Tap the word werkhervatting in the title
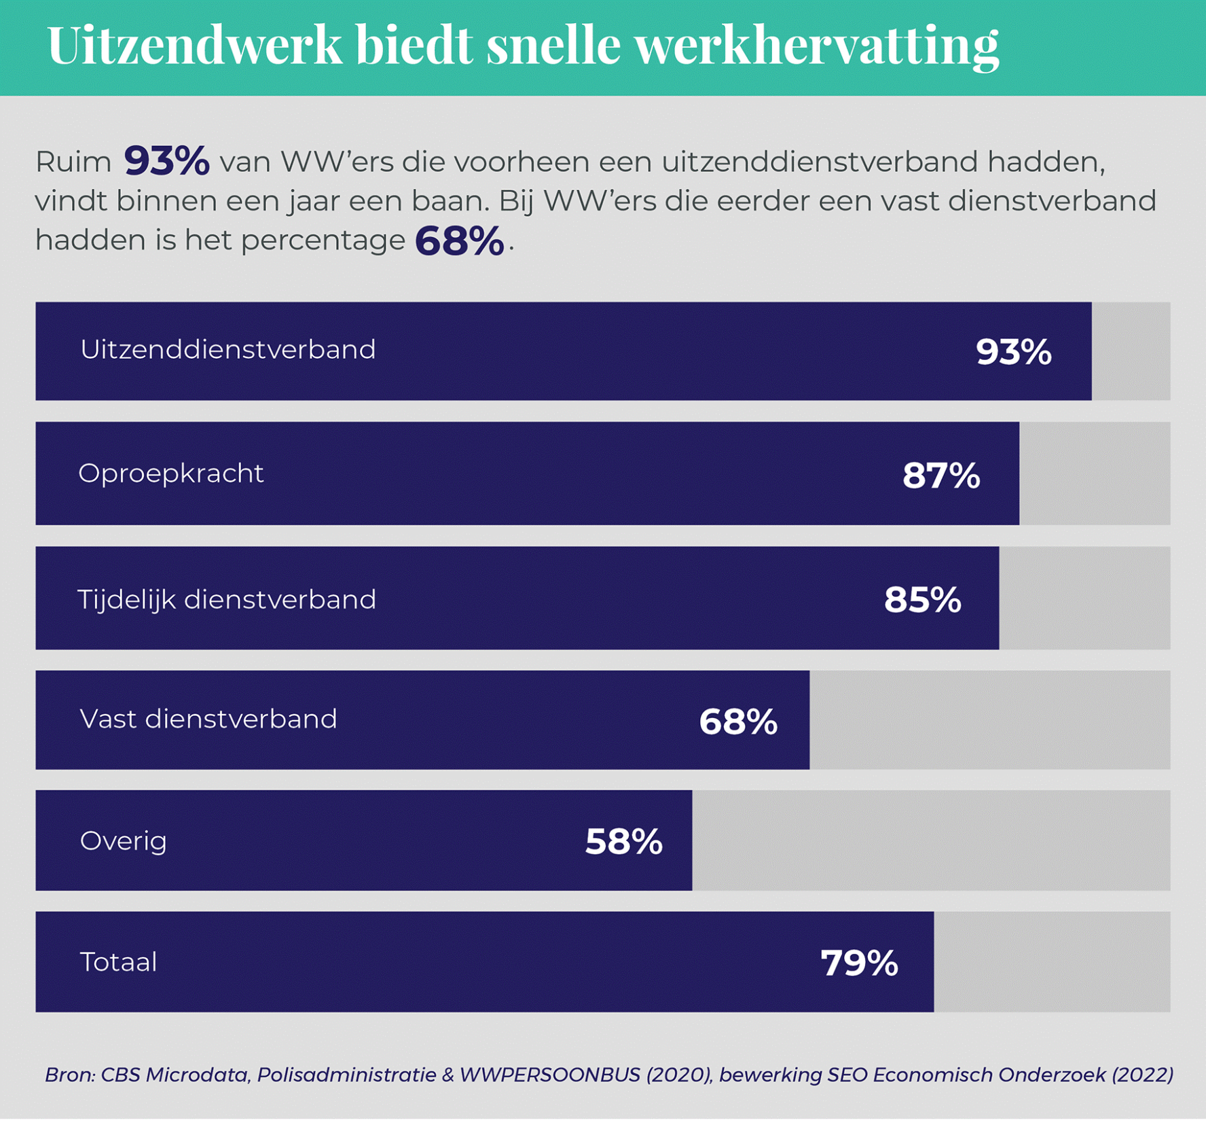[816, 46]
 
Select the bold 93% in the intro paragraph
[166, 162]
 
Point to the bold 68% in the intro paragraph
[459, 241]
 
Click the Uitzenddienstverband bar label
[227, 350]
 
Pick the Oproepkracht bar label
[171, 474]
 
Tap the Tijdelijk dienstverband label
[227, 600]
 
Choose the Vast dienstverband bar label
[208, 719]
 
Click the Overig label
[124, 841]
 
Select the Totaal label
[119, 962]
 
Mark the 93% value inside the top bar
[1013, 352]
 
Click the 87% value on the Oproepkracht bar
[941, 476]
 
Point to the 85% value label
[922, 600]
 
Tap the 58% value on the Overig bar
[623, 842]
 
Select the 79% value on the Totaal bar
[859, 963]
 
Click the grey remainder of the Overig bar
[930, 840]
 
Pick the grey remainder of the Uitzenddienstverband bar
[1131, 351]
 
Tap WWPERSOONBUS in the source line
[550, 1075]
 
